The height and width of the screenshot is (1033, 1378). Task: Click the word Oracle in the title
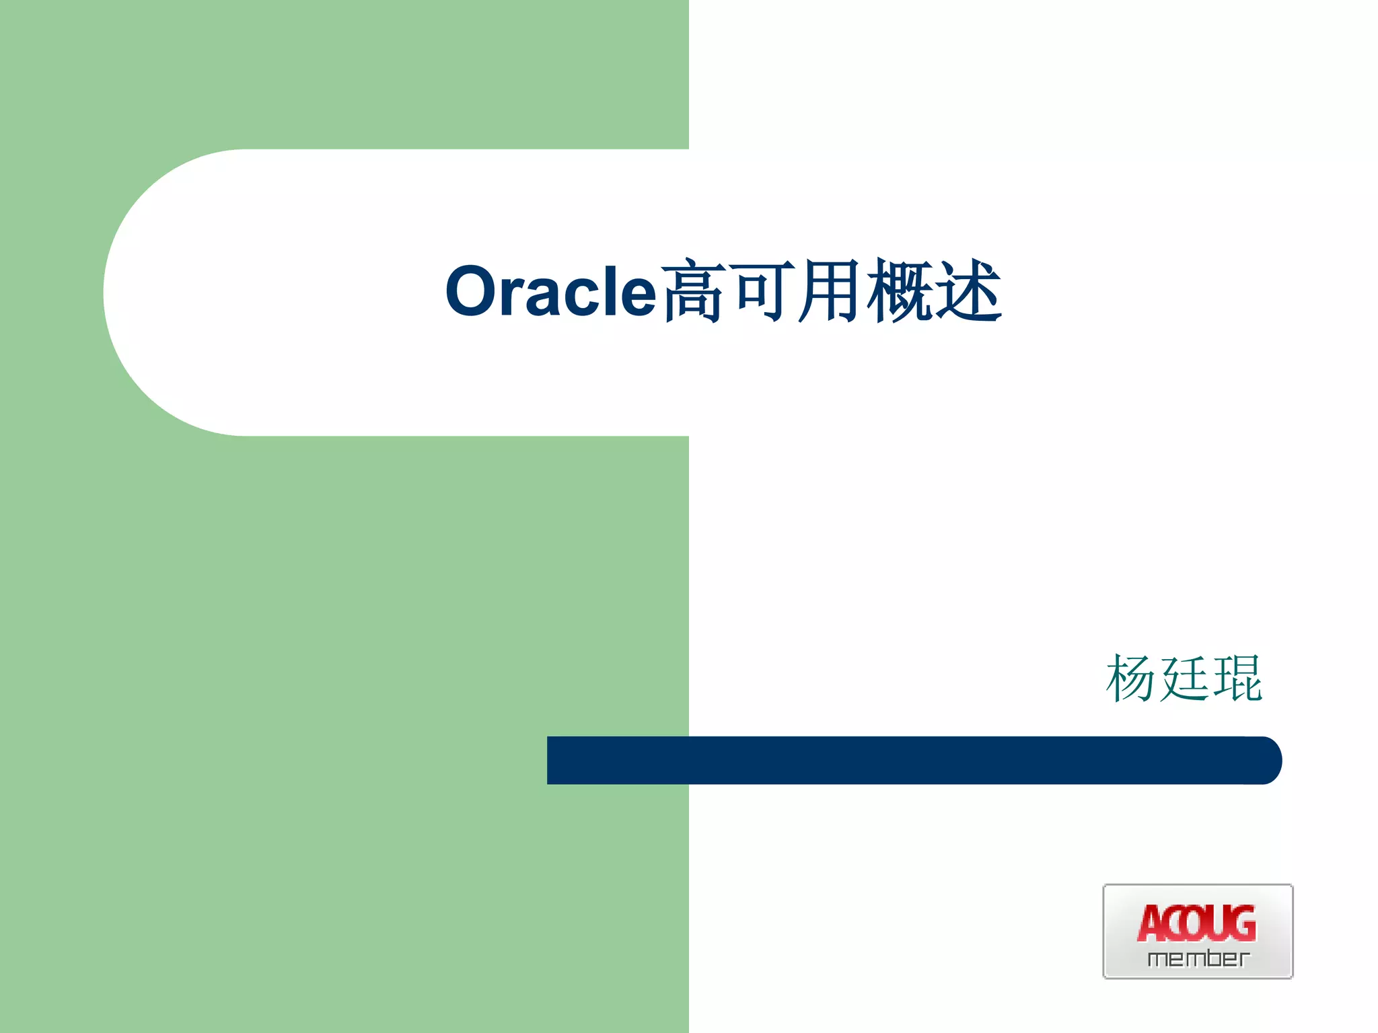[x=550, y=291]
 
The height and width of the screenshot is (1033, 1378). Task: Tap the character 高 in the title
[x=693, y=291]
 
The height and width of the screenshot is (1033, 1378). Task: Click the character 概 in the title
[x=900, y=291]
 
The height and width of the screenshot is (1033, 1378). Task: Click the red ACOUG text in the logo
[x=1197, y=924]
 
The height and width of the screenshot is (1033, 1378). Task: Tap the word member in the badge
[x=1198, y=958]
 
